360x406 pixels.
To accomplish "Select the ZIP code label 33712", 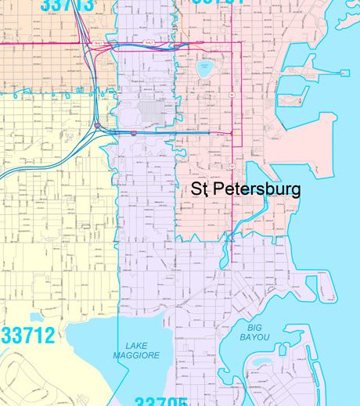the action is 28,336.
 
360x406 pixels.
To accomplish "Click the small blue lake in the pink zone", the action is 206,67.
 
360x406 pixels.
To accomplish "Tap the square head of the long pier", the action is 342,74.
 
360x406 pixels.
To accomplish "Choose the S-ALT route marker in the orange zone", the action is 97,44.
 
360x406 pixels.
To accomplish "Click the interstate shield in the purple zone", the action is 134,133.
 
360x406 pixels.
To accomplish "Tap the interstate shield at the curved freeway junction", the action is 97,125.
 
